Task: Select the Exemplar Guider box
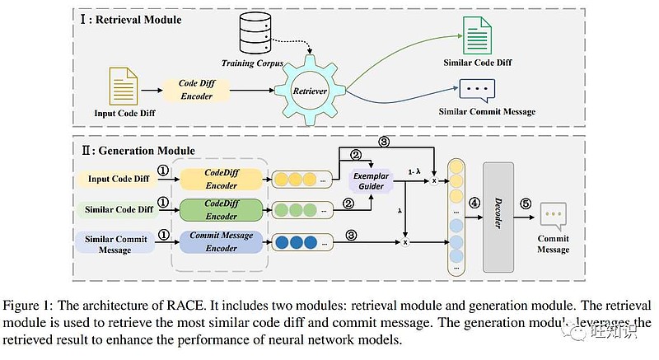(369, 182)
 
